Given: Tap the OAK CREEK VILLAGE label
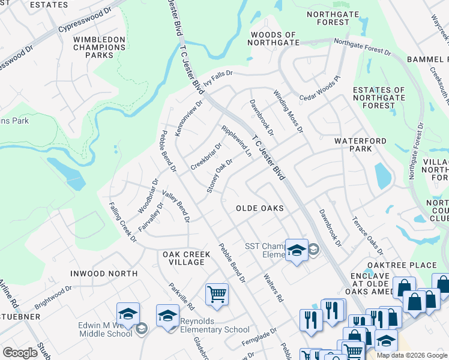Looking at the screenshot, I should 187,259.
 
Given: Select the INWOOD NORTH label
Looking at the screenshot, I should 104,274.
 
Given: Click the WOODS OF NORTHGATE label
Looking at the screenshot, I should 273,39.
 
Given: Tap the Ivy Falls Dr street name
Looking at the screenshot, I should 217,78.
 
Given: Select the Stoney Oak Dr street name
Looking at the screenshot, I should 220,176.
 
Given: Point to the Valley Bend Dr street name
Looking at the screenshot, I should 176,207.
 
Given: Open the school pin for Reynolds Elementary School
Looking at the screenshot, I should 167,316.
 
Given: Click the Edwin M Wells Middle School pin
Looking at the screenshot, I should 128,313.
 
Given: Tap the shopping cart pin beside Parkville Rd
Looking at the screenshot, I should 217,294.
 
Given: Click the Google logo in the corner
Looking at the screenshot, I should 20,352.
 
